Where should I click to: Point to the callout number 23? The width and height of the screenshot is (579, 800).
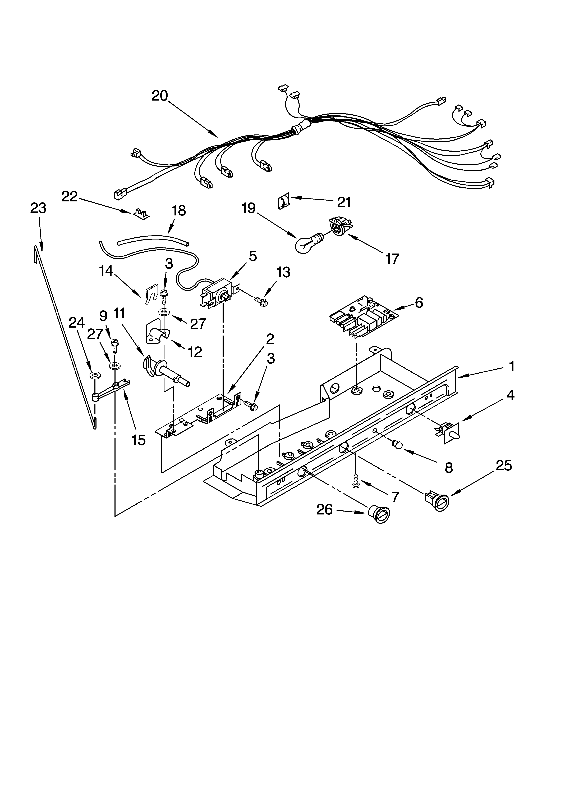[x=38, y=208]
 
